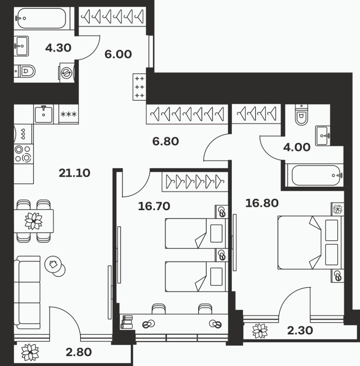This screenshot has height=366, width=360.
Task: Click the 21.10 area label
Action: [74, 173]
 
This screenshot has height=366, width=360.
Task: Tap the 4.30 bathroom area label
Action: [58, 48]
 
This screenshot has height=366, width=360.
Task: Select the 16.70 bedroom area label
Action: [154, 206]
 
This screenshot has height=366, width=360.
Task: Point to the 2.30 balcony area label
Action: [300, 331]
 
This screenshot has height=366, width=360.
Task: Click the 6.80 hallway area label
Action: [166, 141]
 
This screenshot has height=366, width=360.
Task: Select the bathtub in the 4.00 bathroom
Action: [315, 175]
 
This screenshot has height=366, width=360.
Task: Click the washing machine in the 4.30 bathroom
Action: [67, 72]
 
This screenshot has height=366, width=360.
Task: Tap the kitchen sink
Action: [44, 114]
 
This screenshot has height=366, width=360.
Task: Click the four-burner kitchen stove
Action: [23, 154]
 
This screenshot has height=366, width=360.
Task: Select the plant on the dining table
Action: [33, 221]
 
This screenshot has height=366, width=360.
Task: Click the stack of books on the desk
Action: [127, 322]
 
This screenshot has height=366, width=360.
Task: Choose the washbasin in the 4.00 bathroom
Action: [323, 136]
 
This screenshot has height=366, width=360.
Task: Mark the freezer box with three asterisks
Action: [69, 114]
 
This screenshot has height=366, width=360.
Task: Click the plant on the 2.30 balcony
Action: [260, 331]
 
